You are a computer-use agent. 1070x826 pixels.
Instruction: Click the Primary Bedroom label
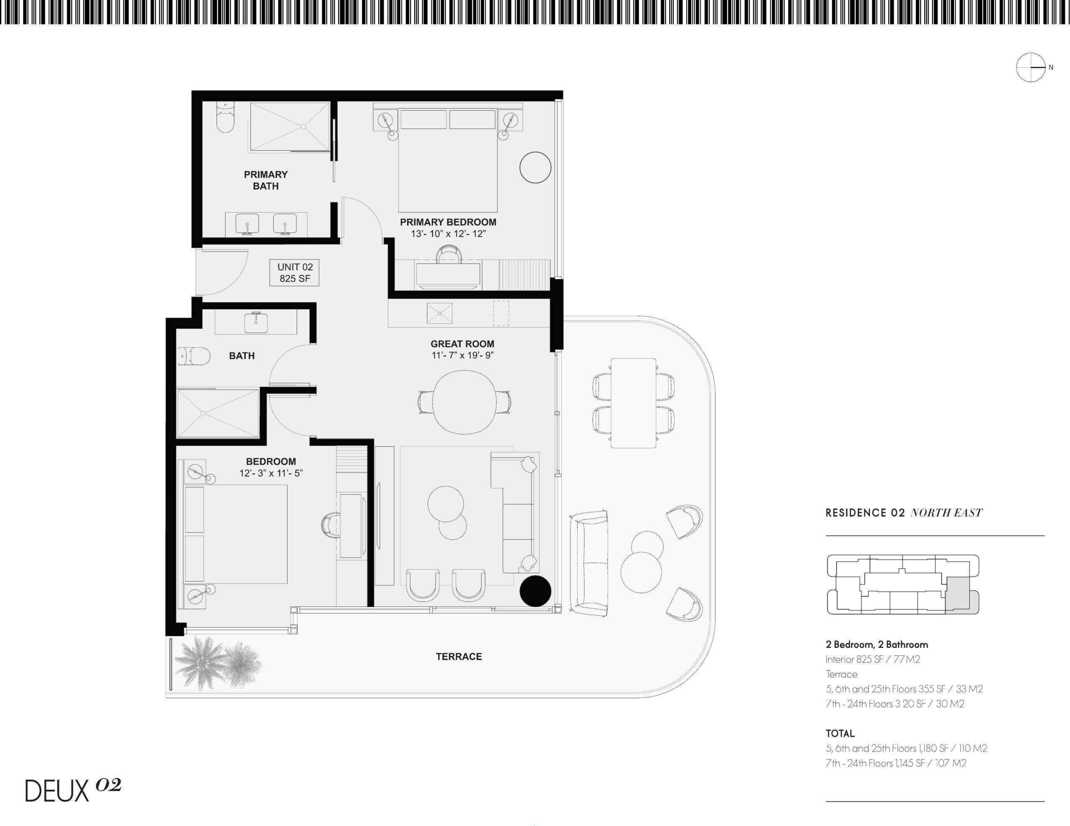448,222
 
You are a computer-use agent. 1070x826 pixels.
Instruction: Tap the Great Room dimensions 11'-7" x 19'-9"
463,355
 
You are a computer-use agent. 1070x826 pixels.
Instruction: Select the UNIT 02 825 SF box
294,273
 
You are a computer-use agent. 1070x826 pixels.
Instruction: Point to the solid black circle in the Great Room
535,591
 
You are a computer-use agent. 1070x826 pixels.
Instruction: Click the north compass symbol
1031,67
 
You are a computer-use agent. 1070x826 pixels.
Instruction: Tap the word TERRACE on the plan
459,656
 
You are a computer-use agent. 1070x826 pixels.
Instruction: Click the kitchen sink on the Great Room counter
439,313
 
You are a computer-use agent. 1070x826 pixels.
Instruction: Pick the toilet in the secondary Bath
194,356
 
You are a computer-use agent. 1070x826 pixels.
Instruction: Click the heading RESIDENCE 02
865,513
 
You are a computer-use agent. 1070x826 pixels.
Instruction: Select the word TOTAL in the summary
840,733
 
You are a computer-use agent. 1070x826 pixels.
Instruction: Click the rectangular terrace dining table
634,403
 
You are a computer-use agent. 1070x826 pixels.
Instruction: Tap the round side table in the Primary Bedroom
535,167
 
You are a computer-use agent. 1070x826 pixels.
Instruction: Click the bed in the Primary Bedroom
448,161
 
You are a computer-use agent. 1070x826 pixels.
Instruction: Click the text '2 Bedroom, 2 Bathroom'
877,645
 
